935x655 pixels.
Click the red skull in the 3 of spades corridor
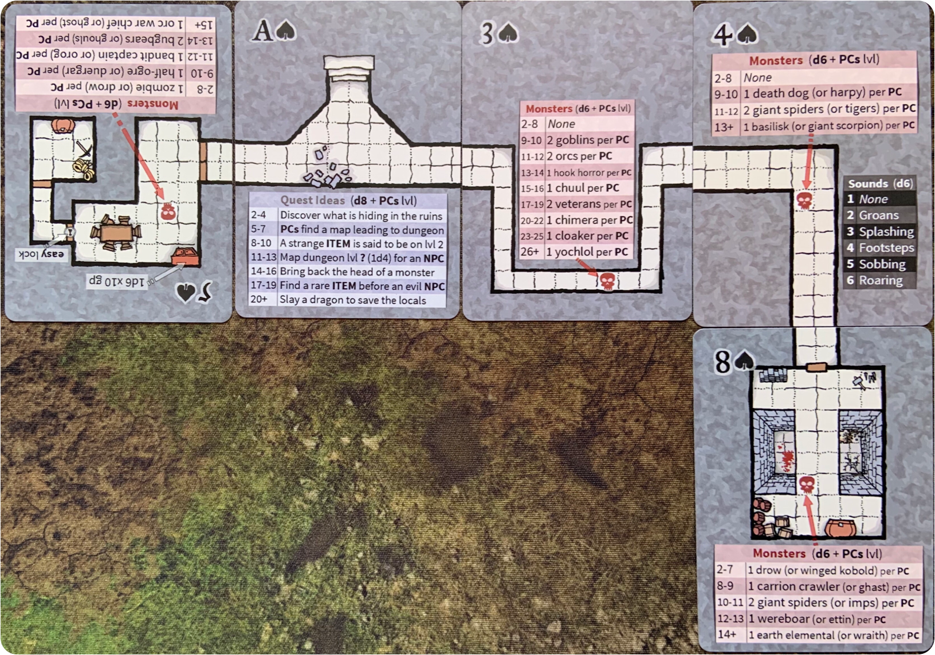point(606,281)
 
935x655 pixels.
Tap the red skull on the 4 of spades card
point(804,200)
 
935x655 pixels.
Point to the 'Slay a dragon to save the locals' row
point(347,300)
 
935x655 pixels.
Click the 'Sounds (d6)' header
point(879,183)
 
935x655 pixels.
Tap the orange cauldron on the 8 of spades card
point(842,528)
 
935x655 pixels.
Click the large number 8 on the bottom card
point(723,362)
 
